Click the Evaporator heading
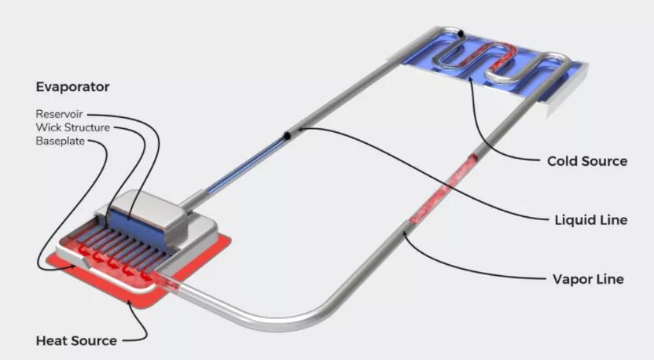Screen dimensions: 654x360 [x=72, y=86]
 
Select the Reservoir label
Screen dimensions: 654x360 [x=59, y=114]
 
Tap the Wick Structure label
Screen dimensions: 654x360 [x=73, y=127]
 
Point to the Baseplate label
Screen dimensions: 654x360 [x=61, y=141]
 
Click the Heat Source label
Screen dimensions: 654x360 [x=76, y=341]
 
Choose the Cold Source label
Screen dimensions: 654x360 [x=587, y=161]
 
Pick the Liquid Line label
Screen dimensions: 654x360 [x=591, y=220]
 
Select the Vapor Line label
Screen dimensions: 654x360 [x=588, y=279]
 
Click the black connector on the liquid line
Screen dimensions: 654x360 [x=288, y=134]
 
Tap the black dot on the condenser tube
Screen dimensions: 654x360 [x=461, y=33]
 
